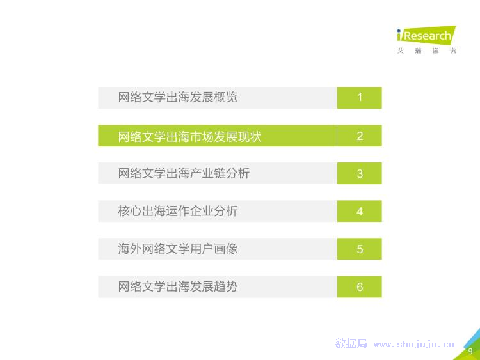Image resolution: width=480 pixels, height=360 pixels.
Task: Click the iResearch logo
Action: coord(426,35)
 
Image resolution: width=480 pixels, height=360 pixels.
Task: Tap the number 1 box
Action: coord(360,98)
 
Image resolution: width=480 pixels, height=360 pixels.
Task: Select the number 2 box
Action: coord(360,136)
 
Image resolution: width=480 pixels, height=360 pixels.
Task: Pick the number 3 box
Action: coord(360,173)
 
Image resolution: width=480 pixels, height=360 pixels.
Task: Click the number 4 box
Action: coord(360,211)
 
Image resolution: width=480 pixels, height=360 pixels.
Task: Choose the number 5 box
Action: coord(360,249)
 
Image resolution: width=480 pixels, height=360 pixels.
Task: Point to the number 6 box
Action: coord(360,287)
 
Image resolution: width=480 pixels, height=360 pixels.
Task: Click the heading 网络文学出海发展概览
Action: coord(178,98)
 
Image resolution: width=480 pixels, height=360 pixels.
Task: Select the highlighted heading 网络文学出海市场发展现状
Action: coord(190,136)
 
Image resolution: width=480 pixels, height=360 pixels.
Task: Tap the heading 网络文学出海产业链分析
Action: coord(184,173)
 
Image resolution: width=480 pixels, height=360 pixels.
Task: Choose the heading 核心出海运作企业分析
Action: coord(178,211)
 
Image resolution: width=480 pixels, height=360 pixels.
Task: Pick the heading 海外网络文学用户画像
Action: coord(178,249)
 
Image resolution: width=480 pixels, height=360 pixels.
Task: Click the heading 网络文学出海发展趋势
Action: coord(178,286)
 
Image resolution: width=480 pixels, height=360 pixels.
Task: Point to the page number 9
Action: coord(470,351)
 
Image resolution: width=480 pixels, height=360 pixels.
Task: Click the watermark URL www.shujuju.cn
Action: coord(414,345)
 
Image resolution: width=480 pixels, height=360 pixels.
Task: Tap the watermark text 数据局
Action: coord(351,344)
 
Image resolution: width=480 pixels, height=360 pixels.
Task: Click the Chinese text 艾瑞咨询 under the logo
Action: coord(427,51)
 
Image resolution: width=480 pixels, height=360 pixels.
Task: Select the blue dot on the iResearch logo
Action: coord(399,31)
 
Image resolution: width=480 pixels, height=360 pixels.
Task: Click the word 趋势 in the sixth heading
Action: coord(226,286)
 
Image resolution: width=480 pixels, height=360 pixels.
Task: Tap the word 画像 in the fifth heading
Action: coord(226,249)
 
